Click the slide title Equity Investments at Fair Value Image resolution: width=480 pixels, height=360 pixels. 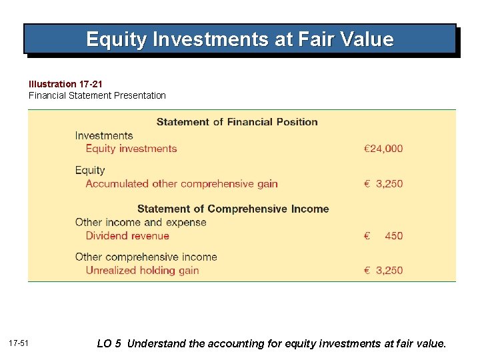point(240,39)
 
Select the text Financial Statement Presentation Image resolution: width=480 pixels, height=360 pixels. point(97,95)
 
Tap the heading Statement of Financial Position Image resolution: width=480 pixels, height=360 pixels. point(237,122)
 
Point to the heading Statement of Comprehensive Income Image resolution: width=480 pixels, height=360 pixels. point(233,209)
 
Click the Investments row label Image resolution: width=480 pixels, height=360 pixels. point(103,136)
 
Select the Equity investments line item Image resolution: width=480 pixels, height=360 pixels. point(131,149)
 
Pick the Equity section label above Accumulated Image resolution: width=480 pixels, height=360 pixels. point(90,171)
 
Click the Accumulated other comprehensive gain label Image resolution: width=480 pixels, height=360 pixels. point(181,184)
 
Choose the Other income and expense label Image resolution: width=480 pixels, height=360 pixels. point(141,223)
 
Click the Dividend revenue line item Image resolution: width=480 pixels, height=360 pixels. point(127,236)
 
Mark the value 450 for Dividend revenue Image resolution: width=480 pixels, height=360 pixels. point(393,236)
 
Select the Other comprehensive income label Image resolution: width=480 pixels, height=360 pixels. point(146,257)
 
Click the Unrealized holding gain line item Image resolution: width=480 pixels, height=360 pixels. point(142,271)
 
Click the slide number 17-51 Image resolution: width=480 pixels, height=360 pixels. point(19,343)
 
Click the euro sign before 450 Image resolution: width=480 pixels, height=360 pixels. point(367,236)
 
